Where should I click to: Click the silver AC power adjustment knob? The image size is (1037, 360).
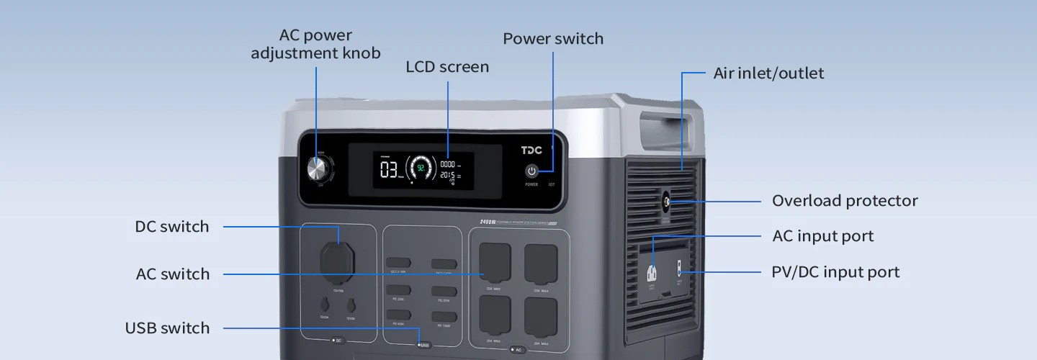point(316,169)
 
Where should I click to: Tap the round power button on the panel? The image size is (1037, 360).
point(531,171)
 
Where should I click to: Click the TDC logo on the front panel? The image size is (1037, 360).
point(531,150)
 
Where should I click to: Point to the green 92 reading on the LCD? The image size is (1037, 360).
point(421,168)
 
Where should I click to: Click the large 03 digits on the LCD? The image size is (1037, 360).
point(389,171)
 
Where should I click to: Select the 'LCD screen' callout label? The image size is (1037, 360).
point(447,67)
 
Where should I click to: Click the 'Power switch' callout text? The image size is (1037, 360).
point(553,39)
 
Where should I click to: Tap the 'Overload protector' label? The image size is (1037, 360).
point(845,201)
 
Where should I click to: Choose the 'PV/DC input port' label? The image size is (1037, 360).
point(835,272)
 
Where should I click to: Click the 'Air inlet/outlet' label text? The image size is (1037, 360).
point(768,73)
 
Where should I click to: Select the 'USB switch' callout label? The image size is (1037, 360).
point(168,328)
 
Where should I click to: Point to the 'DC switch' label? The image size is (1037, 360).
point(172,227)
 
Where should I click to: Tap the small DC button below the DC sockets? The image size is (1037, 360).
point(336,340)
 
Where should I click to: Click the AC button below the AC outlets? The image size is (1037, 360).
point(516,350)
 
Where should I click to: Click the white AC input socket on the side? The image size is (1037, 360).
point(652,274)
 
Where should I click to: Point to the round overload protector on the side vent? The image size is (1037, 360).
point(665,202)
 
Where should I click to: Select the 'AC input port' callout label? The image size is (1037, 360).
point(822,236)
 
